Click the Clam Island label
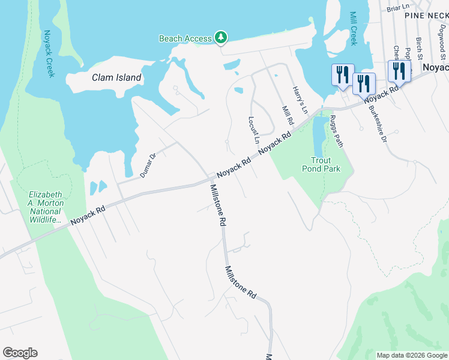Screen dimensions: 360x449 click(x=116, y=77)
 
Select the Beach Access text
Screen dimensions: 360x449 click(x=185, y=38)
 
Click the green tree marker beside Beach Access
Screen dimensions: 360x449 click(x=221, y=38)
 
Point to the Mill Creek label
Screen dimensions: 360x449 click(x=353, y=29)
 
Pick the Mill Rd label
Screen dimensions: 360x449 click(x=288, y=115)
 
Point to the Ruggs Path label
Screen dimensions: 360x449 click(x=336, y=131)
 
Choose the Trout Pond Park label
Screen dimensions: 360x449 click(x=325, y=164)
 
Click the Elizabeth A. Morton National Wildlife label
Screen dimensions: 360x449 click(x=46, y=208)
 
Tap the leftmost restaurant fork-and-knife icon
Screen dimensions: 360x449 click(x=342, y=75)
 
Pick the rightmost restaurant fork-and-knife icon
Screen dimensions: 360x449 click(x=399, y=71)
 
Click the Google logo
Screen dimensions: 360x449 click(x=20, y=353)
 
